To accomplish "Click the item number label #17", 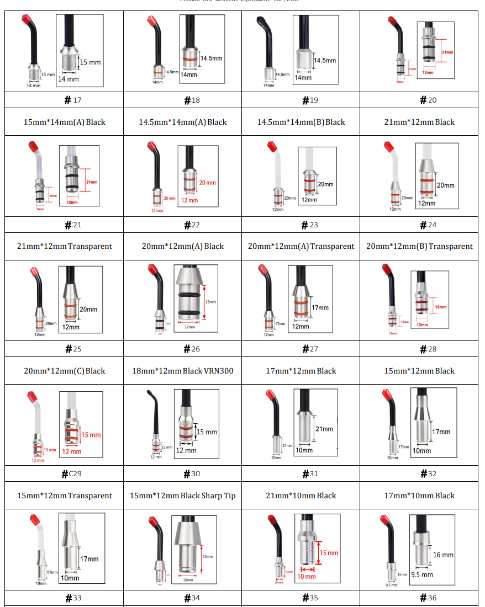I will (x=73, y=100).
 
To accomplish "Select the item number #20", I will (x=428, y=100).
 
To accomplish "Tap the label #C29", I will (x=72, y=473).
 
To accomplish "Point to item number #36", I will (x=428, y=598).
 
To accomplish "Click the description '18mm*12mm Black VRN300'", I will (x=183, y=371).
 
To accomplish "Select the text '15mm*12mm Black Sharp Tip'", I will (x=183, y=496).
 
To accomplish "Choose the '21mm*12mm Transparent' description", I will (x=65, y=246).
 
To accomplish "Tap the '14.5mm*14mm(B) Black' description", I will (x=301, y=122).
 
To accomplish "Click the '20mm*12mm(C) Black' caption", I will (x=65, y=371).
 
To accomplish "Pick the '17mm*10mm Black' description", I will (x=419, y=496).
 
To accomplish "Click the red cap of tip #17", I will (x=25, y=23).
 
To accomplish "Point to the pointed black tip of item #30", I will (x=149, y=393).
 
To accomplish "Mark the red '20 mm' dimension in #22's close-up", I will (x=207, y=183).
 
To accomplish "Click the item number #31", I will (x=310, y=473).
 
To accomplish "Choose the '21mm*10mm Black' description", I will (x=301, y=496).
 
